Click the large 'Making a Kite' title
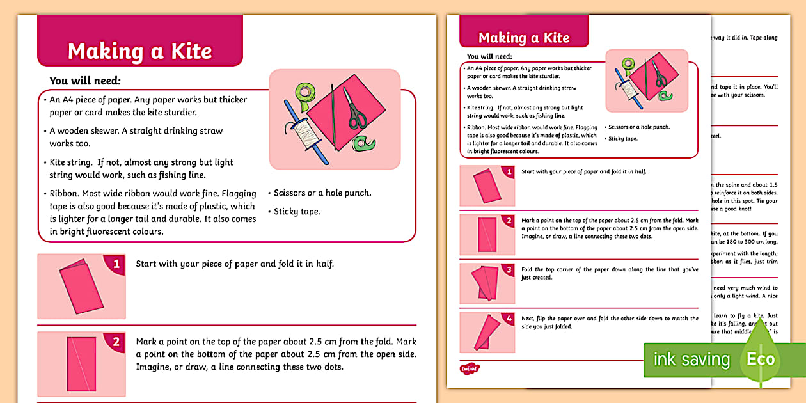pyautogui.click(x=139, y=51)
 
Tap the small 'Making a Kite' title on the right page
pyautogui.click(x=523, y=38)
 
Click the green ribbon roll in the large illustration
pyautogui.click(x=303, y=93)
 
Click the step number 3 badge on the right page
pyautogui.click(x=509, y=269)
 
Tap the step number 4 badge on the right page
pyautogui.click(x=509, y=318)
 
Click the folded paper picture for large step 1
pyautogui.click(x=81, y=286)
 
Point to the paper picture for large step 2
pyautogui.click(x=81, y=365)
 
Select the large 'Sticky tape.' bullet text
pyautogui.click(x=297, y=212)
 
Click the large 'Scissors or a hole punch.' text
pyautogui.click(x=322, y=193)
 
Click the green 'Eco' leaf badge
pyautogui.click(x=761, y=359)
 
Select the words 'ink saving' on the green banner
pyautogui.click(x=691, y=360)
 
